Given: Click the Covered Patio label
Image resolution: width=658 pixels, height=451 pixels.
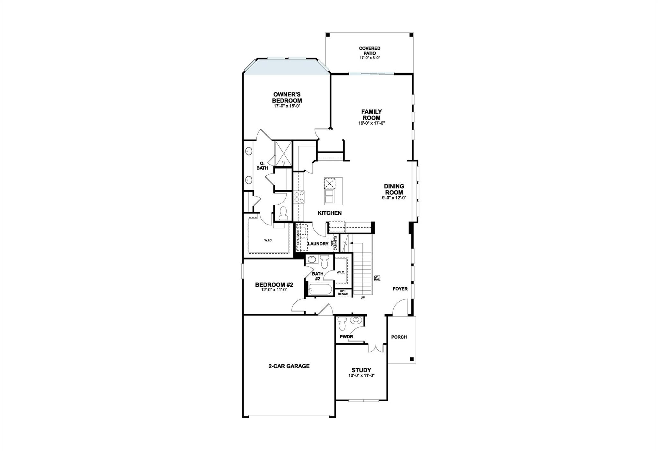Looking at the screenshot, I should tap(369, 51).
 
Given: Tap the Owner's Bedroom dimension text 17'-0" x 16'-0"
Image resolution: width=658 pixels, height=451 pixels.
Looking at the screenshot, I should tap(287, 106).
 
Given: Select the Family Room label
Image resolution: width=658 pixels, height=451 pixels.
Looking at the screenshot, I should tap(371, 115).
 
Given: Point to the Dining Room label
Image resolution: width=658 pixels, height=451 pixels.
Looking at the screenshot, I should tap(394, 189).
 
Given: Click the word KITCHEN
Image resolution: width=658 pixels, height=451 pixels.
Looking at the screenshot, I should tap(330, 213).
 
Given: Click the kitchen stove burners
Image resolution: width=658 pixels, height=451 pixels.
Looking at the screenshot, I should tap(299, 196).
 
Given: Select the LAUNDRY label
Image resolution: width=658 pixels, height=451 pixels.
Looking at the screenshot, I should tap(318, 244).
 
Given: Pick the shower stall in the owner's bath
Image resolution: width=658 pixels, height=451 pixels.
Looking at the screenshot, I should tap(283, 154).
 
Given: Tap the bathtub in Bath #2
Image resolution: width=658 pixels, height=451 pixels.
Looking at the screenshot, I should tap(320, 289).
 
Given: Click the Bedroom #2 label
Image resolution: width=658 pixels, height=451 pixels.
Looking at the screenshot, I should tap(274, 285).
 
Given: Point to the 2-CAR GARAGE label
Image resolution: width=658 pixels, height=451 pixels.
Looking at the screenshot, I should tap(289, 366).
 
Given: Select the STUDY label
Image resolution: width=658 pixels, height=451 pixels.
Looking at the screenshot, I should tap(361, 370).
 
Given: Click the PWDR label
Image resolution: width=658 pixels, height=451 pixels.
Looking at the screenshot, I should tap(346, 337).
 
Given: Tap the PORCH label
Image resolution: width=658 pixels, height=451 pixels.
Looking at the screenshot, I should tap(399, 337).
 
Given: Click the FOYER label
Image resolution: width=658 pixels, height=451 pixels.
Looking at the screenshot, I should tap(400, 289).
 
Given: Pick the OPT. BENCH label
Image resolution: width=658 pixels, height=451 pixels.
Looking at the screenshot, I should tap(343, 293).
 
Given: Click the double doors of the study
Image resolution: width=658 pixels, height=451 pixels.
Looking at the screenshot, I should tap(376, 348).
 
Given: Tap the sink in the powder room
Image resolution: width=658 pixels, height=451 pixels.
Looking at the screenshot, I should tap(356, 320).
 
